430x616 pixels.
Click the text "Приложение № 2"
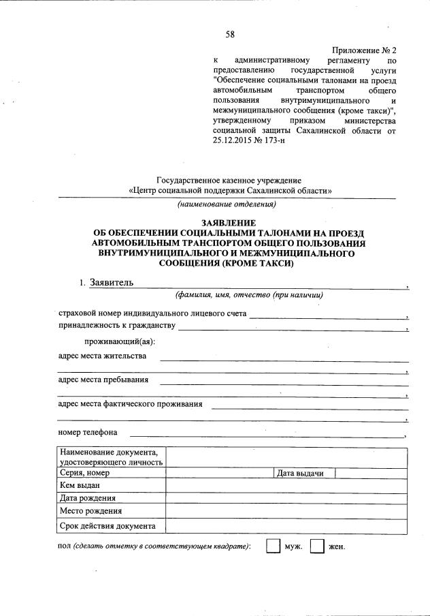tap(364, 51)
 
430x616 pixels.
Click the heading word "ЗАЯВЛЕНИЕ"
tap(228, 223)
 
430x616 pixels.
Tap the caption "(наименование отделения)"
tap(227, 204)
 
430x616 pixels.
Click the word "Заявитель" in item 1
tap(107, 283)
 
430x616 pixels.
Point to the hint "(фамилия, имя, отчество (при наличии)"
tap(248, 295)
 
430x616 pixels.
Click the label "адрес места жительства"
tap(102, 356)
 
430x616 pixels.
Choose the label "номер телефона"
tap(88, 432)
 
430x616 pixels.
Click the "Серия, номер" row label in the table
tap(85, 473)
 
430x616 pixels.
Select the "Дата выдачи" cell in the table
tap(299, 473)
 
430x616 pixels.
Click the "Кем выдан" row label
tap(80, 485)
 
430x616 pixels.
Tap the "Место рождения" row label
tap(90, 510)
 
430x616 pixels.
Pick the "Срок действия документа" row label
tap(107, 525)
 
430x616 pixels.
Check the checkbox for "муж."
tap(272, 546)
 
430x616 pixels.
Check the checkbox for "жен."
tap(316, 546)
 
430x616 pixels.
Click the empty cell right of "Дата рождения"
tap(286, 498)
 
